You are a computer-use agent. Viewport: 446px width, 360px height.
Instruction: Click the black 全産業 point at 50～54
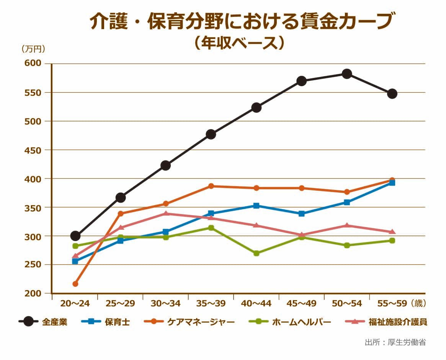347,74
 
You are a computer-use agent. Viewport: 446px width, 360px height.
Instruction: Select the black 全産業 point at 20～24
75,236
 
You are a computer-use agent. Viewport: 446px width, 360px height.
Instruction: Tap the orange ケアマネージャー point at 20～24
75,284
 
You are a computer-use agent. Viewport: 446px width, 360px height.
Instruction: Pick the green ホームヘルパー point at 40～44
256,253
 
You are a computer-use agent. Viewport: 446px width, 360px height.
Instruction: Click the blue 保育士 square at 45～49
302,214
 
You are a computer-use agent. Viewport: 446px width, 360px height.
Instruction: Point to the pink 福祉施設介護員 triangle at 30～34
166,214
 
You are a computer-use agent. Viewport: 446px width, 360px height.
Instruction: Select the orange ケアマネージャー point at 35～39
211,186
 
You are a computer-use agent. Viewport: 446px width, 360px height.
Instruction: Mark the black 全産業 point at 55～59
392,94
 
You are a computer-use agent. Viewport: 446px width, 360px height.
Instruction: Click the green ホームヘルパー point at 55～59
392,241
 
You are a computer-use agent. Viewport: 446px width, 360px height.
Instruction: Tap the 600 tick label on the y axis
33,64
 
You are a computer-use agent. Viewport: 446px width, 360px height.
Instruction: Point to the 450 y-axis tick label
33,150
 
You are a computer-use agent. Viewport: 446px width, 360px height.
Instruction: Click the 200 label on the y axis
33,294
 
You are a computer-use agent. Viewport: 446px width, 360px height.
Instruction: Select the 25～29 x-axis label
120,304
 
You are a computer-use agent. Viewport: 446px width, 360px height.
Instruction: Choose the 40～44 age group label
256,304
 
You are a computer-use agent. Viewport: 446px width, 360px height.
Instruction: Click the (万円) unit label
33,49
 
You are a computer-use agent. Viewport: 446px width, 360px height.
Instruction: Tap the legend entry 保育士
117,322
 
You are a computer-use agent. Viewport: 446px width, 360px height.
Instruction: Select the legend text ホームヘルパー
301,322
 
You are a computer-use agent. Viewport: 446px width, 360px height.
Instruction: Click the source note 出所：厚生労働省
395,342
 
